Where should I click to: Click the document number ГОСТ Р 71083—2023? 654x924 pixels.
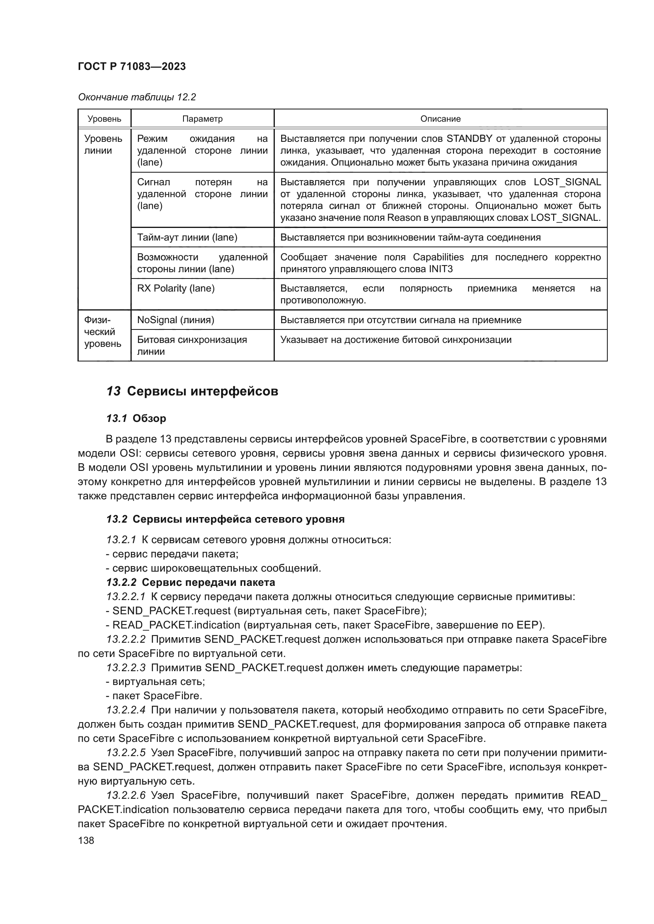pyautogui.click(x=132, y=67)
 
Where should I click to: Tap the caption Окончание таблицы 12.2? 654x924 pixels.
pyautogui.click(x=137, y=97)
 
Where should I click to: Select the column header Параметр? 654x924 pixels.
pyautogui.click(x=202, y=119)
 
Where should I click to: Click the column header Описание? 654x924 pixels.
pyautogui.click(x=440, y=119)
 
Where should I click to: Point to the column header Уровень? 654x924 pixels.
pyautogui.click(x=104, y=119)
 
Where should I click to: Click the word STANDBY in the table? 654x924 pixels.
pyautogui.click(x=470, y=139)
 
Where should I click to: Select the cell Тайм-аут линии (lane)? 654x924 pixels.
pyautogui.click(x=187, y=237)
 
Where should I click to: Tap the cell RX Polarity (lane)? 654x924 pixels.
pyautogui.click(x=176, y=288)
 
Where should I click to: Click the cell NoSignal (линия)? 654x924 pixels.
pyautogui.click(x=176, y=320)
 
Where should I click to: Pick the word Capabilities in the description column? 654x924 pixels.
pyautogui.click(x=438, y=257)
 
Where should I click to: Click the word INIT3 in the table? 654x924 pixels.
pyautogui.click(x=440, y=269)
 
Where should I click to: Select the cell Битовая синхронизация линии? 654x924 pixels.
pyautogui.click(x=192, y=345)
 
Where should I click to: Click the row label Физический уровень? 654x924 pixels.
pyautogui.click(x=102, y=332)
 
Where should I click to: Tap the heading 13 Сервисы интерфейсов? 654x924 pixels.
pyautogui.click(x=192, y=391)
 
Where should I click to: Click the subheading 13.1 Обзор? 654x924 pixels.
pyautogui.click(x=136, y=418)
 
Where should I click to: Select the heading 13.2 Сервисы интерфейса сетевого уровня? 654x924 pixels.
pyautogui.click(x=225, y=519)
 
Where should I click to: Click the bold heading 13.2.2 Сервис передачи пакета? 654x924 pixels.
pyautogui.click(x=191, y=582)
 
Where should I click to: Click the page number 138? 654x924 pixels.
pyautogui.click(x=86, y=840)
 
